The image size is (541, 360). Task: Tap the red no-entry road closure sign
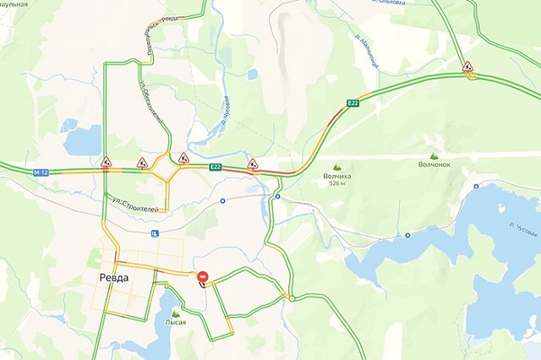[x=203, y=276]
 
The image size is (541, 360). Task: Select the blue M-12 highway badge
[x=41, y=172]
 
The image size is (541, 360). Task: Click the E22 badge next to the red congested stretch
[x=216, y=167]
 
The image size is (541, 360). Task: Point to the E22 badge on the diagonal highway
[x=352, y=103]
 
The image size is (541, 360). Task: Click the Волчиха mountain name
[x=337, y=177]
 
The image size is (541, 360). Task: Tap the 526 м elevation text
[x=337, y=185]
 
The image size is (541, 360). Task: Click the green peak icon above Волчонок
[x=434, y=156]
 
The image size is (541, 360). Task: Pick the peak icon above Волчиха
[x=337, y=167]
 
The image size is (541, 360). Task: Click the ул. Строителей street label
[x=135, y=204]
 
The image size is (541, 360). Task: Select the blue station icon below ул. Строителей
[x=154, y=233]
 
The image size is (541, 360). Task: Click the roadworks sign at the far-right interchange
[x=467, y=66]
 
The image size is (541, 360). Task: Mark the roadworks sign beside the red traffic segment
[x=252, y=162]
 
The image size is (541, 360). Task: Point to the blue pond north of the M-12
[x=82, y=140]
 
